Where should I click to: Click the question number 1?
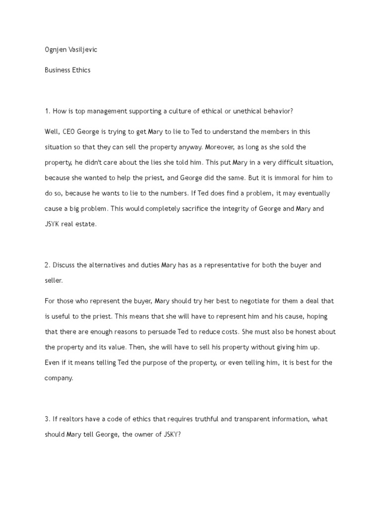coord(47,111)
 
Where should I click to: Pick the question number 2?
coord(47,265)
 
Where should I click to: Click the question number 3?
coord(47,419)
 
